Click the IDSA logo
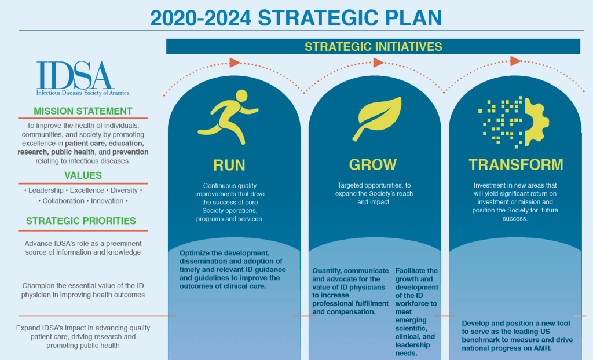83,78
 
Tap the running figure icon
228,117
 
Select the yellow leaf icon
376,119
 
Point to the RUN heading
229,166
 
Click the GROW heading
372,165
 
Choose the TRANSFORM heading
516,165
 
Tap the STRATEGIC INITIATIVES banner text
374,46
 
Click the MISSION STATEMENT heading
83,111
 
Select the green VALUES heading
83,175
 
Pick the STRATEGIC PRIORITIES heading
81,221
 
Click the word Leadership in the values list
46,190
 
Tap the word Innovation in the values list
107,201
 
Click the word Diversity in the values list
124,190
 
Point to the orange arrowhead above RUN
235,63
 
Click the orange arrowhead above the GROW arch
379,63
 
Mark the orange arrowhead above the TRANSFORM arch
515,61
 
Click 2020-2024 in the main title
200,18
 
